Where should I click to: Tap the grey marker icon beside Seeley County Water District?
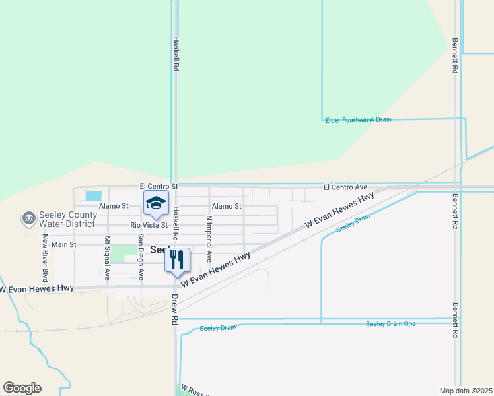(x=28, y=218)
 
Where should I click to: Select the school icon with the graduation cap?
(x=156, y=204)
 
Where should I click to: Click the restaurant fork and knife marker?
(x=176, y=259)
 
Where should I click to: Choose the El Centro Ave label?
(x=345, y=188)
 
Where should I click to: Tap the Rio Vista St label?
(x=149, y=225)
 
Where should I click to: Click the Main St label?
(x=64, y=244)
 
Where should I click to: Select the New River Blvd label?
(x=46, y=254)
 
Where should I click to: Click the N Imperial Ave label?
(x=209, y=238)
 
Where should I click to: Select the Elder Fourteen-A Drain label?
(x=359, y=119)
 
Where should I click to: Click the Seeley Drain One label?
(x=391, y=323)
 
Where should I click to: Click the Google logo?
(x=22, y=388)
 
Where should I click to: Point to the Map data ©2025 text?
(x=466, y=391)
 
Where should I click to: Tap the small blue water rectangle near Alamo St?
(x=94, y=196)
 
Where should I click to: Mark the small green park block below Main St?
(x=123, y=253)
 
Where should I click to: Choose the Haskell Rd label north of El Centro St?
(x=176, y=54)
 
